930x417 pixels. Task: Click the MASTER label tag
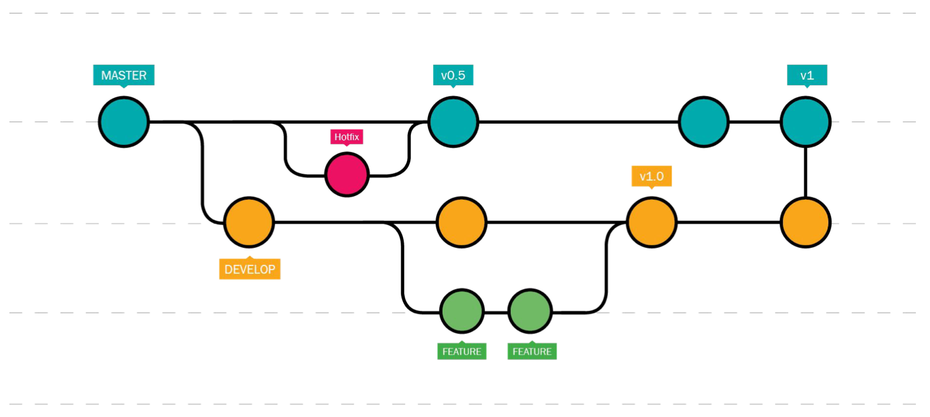pyautogui.click(x=124, y=75)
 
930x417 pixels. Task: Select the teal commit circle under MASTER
pyautogui.click(x=124, y=122)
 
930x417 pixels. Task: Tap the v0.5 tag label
pyautogui.click(x=453, y=75)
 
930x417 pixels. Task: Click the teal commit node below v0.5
pyautogui.click(x=453, y=122)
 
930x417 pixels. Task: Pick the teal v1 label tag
pyautogui.click(x=807, y=75)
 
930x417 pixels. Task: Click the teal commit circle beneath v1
pyautogui.click(x=805, y=122)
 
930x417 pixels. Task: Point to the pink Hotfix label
pyautogui.click(x=347, y=137)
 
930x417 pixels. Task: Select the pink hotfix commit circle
pyautogui.click(x=347, y=174)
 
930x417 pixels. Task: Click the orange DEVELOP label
pyautogui.click(x=250, y=269)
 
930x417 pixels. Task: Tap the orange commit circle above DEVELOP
pyautogui.click(x=249, y=222)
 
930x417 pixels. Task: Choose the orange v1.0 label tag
pyautogui.click(x=652, y=177)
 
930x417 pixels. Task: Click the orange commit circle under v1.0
pyautogui.click(x=652, y=222)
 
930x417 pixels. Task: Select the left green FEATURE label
pyautogui.click(x=461, y=351)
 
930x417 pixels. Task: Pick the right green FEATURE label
pyautogui.click(x=532, y=351)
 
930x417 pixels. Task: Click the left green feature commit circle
pyautogui.click(x=461, y=311)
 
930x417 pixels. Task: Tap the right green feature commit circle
pyautogui.click(x=530, y=311)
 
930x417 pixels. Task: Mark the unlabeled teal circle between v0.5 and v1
pyautogui.click(x=704, y=122)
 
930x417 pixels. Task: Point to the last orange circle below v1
pyautogui.click(x=805, y=222)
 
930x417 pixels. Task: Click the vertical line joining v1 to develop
pyautogui.click(x=805, y=172)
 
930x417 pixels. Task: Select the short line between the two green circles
pyautogui.click(x=496, y=312)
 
